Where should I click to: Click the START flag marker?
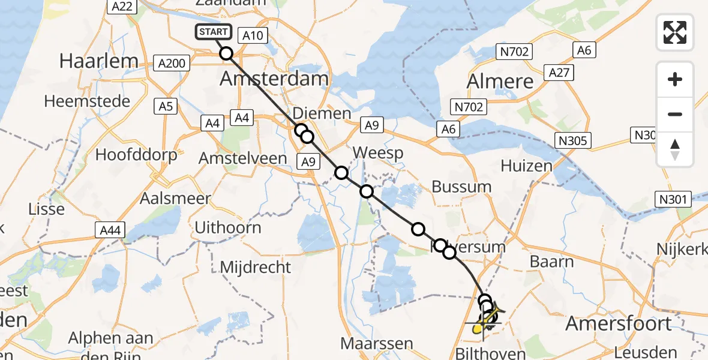(214, 32)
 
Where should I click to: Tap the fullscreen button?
(675, 32)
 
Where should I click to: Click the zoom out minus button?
(675, 114)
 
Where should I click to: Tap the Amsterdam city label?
(274, 79)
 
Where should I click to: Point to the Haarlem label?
(98, 61)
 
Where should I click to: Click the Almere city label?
(500, 81)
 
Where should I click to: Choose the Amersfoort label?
(619, 323)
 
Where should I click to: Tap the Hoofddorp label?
(136, 155)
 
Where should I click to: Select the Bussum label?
(461, 187)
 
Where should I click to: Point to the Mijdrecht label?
(256, 266)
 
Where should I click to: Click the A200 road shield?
(172, 62)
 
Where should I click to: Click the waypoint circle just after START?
(226, 53)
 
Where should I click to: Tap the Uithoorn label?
(228, 227)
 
